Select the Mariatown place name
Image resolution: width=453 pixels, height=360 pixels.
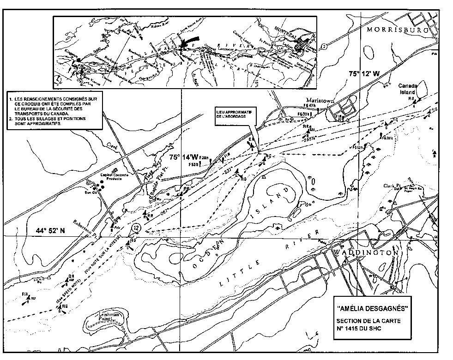(316, 100)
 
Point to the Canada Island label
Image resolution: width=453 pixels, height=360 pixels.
(411, 89)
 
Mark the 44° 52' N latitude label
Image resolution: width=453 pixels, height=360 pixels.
(54, 230)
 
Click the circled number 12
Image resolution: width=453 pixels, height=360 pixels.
(135, 228)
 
